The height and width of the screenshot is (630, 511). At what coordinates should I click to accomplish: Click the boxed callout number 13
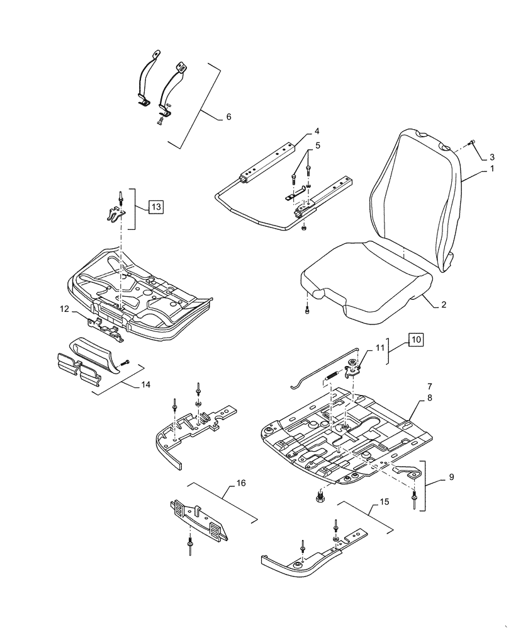tap(156, 206)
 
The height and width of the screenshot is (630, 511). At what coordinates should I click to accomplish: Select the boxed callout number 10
tap(417, 340)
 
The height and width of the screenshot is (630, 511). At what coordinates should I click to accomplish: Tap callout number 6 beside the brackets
tap(228, 117)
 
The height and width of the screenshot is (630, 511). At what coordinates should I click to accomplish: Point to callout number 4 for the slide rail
tap(317, 132)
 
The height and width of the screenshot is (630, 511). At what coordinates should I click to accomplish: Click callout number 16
tap(240, 484)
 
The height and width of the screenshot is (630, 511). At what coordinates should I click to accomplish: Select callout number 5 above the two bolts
tap(318, 146)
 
